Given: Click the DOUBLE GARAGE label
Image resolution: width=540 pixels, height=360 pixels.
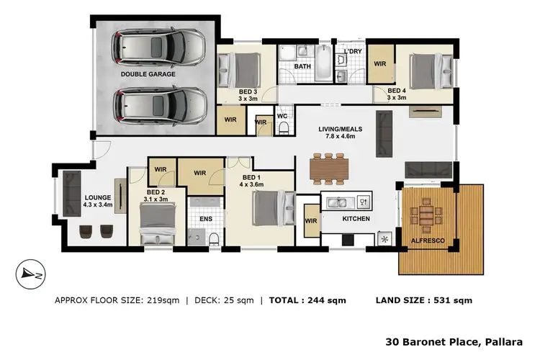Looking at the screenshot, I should [143, 73].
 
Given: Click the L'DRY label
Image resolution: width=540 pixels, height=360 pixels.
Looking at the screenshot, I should [352, 52].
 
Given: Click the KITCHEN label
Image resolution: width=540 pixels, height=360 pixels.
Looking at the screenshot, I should [356, 218].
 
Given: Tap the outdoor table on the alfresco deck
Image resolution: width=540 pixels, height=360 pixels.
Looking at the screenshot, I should [428, 216].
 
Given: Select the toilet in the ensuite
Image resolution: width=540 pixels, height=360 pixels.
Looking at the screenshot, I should [213, 238].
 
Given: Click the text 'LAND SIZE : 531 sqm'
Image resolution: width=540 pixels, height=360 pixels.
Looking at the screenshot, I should [424, 300].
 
